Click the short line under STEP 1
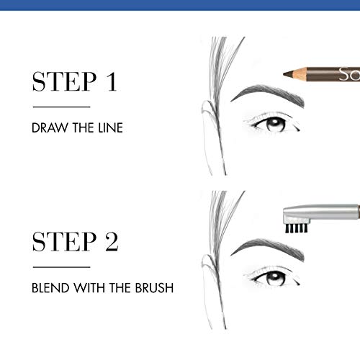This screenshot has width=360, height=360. (x=55, y=107)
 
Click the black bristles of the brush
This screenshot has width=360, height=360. (x=293, y=228)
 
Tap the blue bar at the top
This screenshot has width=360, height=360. (x=180, y=5)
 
